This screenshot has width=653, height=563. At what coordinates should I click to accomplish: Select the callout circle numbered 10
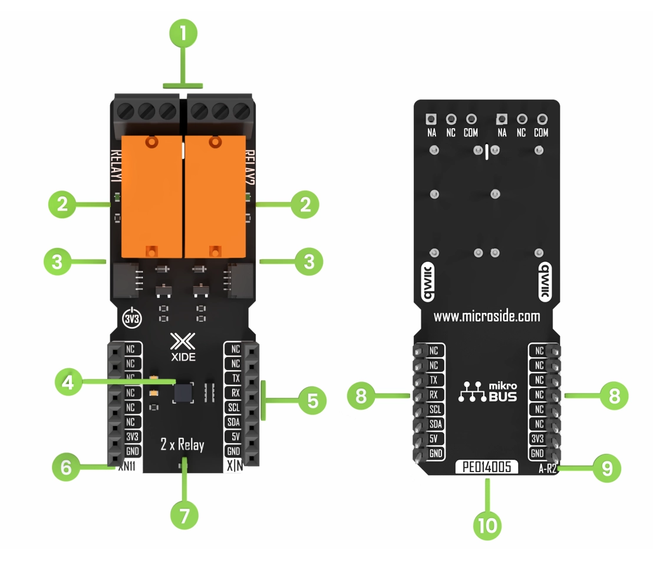(x=488, y=524)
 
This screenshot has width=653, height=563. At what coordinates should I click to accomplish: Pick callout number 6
(x=66, y=467)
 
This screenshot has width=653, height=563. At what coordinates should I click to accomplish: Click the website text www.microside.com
(x=487, y=316)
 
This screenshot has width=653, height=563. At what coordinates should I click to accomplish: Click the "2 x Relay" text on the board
(x=182, y=444)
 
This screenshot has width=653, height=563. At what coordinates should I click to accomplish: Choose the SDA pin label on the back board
(x=434, y=424)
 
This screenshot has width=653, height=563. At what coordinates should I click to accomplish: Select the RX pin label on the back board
(x=434, y=394)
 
